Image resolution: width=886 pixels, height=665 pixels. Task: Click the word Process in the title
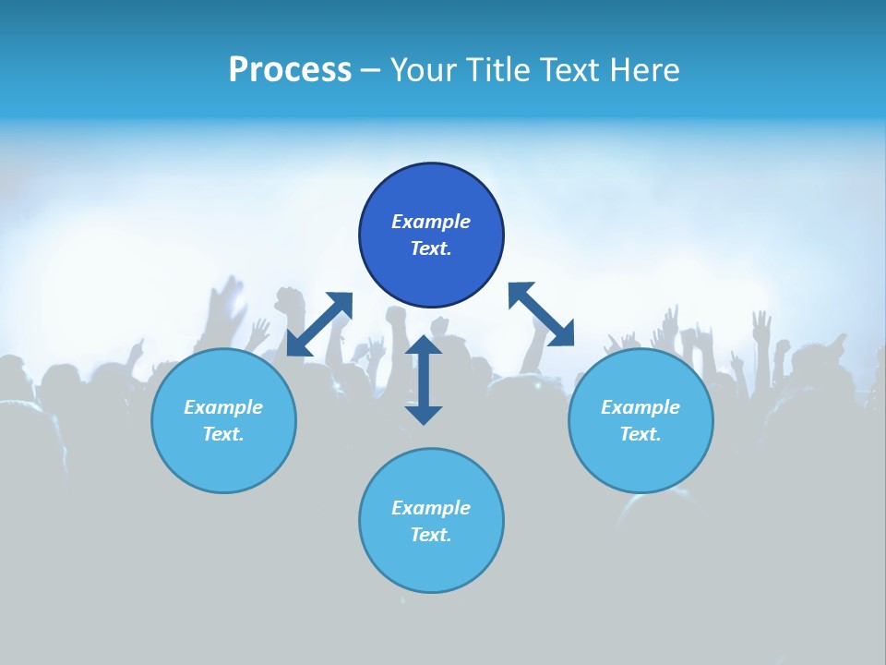290,70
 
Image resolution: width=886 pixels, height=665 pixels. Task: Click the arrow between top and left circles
319,324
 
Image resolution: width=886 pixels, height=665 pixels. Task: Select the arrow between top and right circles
541,314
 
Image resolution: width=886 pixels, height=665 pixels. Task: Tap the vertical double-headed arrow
424,380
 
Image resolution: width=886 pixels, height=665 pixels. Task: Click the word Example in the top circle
431,222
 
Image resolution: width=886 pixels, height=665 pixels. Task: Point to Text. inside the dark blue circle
431,248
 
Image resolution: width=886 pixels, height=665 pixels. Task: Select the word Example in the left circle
223,407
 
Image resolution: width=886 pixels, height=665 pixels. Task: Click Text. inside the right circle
641,434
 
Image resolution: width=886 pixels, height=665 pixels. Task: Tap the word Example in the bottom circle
431,508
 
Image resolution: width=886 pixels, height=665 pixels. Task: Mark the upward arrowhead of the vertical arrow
424,345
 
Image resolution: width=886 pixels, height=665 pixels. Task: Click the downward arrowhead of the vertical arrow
424,414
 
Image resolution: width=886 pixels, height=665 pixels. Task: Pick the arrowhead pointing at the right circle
562,334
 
